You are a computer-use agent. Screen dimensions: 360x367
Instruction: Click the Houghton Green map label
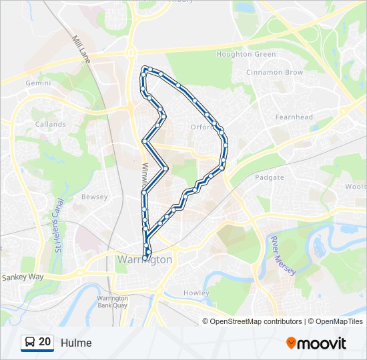238,54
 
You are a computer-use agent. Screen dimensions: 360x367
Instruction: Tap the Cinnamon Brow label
274,72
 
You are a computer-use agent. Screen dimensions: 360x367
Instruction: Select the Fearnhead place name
294,117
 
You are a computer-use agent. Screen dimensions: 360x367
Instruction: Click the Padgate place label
270,177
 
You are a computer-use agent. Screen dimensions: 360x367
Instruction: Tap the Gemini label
38,83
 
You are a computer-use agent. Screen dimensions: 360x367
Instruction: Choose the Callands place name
51,124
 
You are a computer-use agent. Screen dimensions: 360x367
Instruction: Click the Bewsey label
94,197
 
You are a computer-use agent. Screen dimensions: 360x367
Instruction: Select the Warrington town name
144,259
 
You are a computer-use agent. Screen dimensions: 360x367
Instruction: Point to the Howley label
197,293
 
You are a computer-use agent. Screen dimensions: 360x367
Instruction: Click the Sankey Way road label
22,277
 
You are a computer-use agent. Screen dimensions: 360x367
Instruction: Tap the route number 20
45,342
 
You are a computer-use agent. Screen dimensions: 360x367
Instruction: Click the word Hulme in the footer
76,343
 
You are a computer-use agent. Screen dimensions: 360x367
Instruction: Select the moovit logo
316,343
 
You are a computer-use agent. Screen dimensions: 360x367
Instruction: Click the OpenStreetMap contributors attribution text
255,321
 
